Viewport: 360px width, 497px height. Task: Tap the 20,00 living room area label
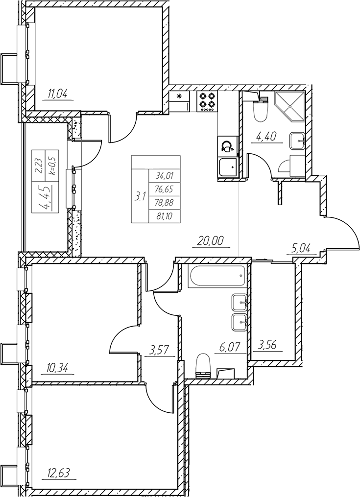[x=211, y=241]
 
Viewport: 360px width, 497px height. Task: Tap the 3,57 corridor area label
[x=158, y=350]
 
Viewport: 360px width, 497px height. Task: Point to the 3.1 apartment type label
[x=140, y=197]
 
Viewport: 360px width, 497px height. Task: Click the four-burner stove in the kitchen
[x=207, y=101]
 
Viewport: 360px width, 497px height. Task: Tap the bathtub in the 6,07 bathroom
[x=217, y=276]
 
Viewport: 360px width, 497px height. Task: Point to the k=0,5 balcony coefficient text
[x=52, y=166]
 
